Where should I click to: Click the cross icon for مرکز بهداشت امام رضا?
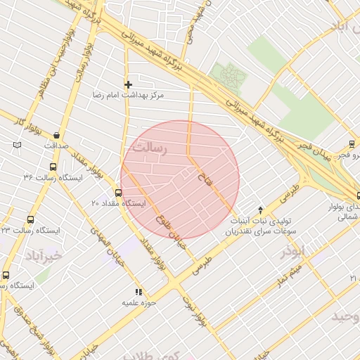point(128,84)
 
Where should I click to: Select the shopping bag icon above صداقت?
point(56,135)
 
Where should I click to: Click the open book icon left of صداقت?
point(17,145)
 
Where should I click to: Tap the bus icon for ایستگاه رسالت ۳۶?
point(53,167)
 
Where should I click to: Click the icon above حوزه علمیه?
point(139,292)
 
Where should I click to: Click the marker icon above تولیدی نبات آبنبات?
point(261,210)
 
